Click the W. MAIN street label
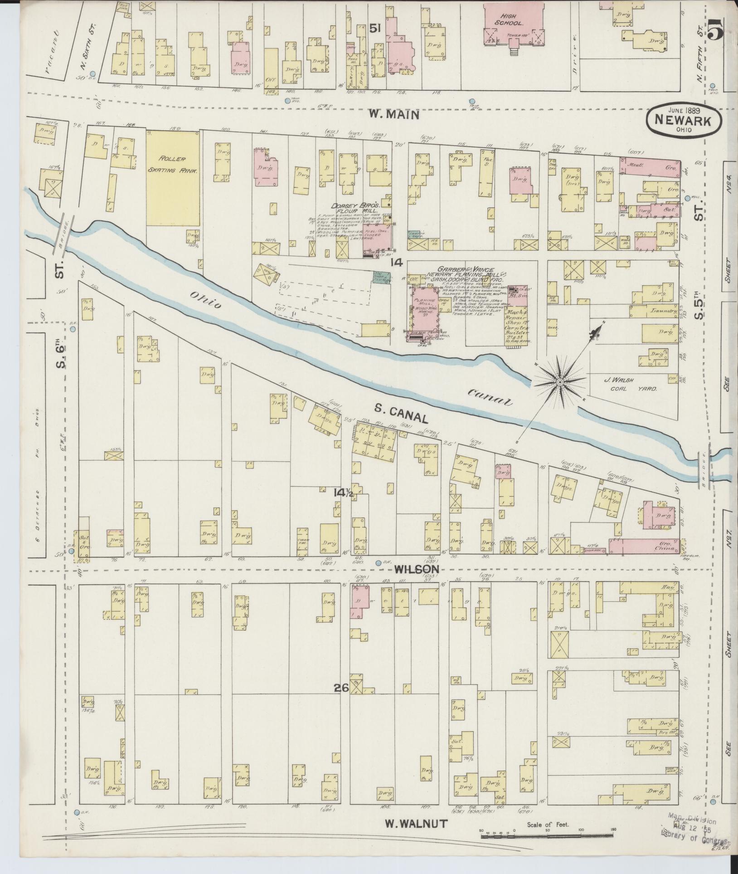tap(393, 115)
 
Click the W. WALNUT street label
tap(416, 824)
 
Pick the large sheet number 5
tap(715, 32)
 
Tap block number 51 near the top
tap(374, 28)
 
